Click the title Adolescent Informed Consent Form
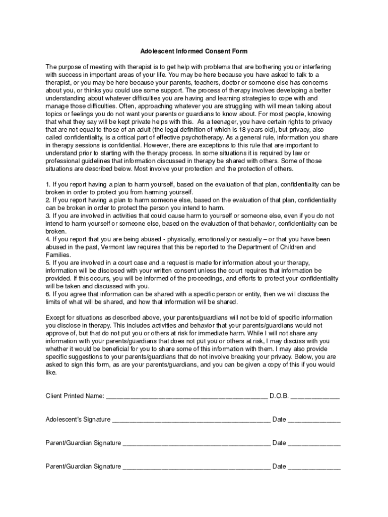click(x=194, y=51)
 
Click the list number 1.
click(x=48, y=184)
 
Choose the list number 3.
click(x=48, y=216)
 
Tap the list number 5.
click(x=48, y=263)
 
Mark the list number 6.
click(x=48, y=294)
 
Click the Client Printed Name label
click(x=75, y=396)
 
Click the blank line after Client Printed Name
click(x=186, y=397)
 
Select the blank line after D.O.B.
click(x=315, y=397)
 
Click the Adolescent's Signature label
click(x=78, y=419)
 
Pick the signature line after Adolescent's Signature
click(x=191, y=420)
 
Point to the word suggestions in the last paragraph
click(x=82, y=357)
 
